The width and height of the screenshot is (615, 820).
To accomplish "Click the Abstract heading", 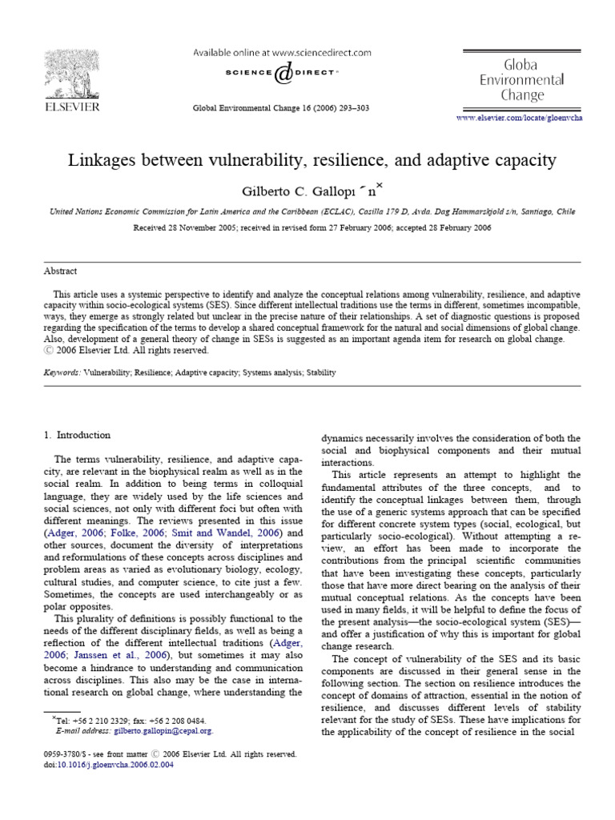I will coord(60,270).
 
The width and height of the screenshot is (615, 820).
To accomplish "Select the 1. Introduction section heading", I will coord(77,435).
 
